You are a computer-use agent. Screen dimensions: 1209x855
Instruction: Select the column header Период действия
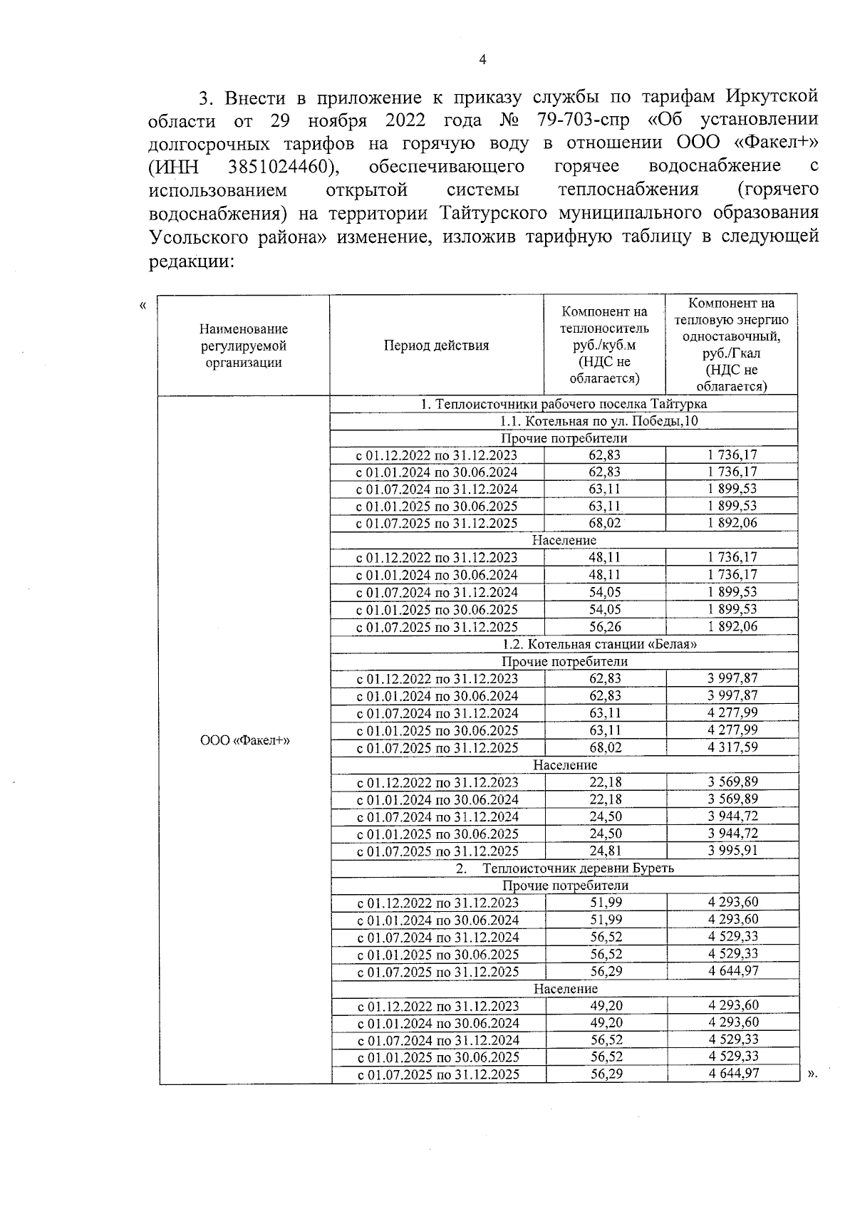click(x=436, y=346)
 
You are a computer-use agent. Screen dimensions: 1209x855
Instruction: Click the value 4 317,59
click(x=732, y=747)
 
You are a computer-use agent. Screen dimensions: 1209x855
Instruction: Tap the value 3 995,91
click(x=732, y=851)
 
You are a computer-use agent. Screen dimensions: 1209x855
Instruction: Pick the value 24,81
click(x=605, y=851)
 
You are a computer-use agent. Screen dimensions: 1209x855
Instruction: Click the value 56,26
click(x=605, y=627)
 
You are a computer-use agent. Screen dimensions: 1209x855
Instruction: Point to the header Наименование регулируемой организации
click(x=244, y=346)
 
